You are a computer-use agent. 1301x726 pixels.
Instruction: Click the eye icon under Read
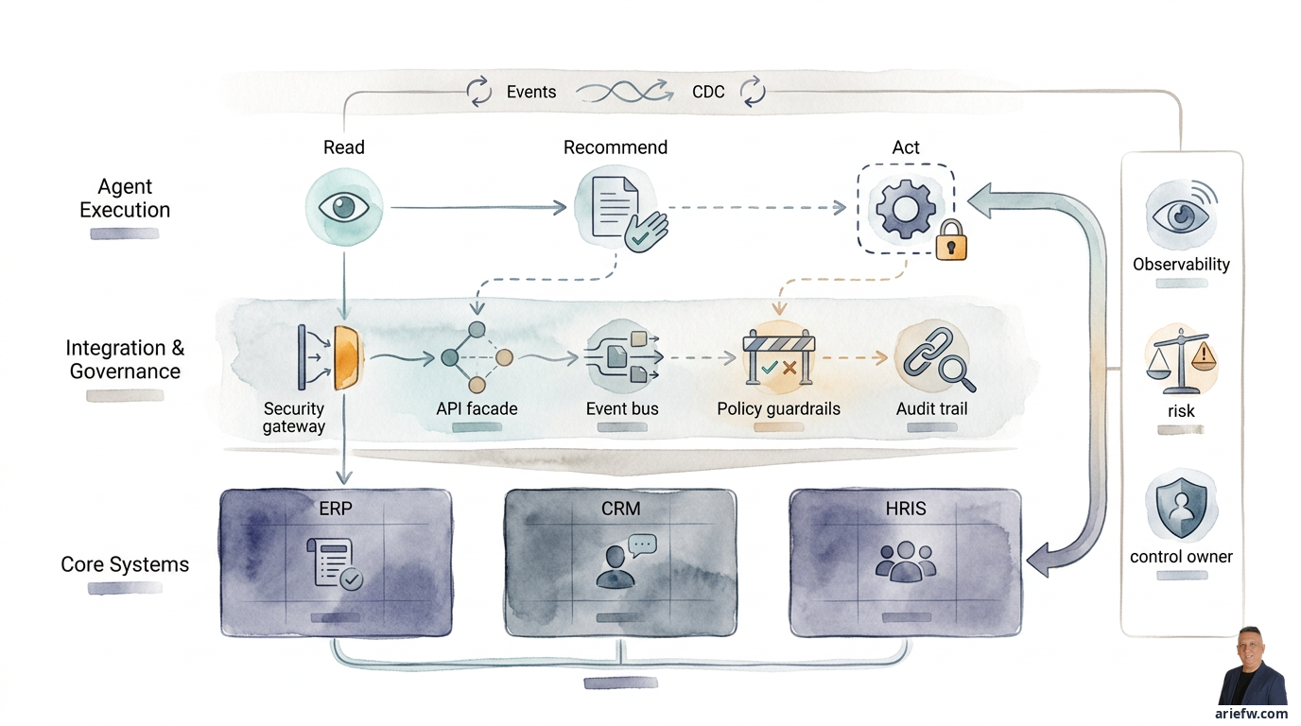pos(344,207)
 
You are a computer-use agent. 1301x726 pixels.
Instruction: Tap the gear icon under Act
pos(906,209)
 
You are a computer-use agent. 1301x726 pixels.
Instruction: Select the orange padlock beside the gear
pos(951,240)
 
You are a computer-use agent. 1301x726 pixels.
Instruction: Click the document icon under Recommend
pos(616,207)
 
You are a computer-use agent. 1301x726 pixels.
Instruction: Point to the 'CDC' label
pos(708,92)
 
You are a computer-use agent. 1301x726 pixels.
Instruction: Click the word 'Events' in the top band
pos(530,92)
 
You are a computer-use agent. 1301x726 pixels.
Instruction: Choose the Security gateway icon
pos(330,357)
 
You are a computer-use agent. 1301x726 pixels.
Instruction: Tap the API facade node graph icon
pos(477,357)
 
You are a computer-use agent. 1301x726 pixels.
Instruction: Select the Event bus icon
pos(623,356)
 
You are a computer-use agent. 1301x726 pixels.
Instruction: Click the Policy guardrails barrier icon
pos(779,357)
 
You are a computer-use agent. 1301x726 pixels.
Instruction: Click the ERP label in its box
pos(335,509)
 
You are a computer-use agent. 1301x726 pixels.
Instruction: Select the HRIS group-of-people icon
pos(906,562)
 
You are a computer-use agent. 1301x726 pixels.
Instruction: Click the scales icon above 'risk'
pos(1180,361)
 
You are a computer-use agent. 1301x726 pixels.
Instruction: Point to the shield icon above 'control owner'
pos(1181,509)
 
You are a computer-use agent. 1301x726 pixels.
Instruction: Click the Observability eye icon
pos(1181,216)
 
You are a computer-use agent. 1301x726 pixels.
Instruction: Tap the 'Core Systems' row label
pos(125,564)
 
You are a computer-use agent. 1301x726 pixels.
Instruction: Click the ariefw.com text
pos(1251,713)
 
